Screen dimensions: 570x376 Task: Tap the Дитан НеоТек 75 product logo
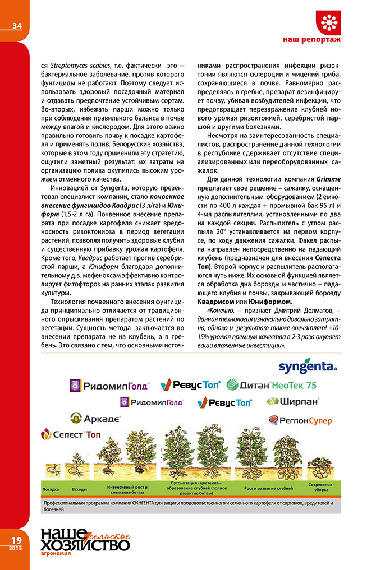(272, 385)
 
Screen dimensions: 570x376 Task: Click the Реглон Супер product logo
(301, 419)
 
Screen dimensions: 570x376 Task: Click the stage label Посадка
(51, 489)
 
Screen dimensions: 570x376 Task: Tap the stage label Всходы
(80, 489)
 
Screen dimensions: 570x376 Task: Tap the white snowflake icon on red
(329, 22)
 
